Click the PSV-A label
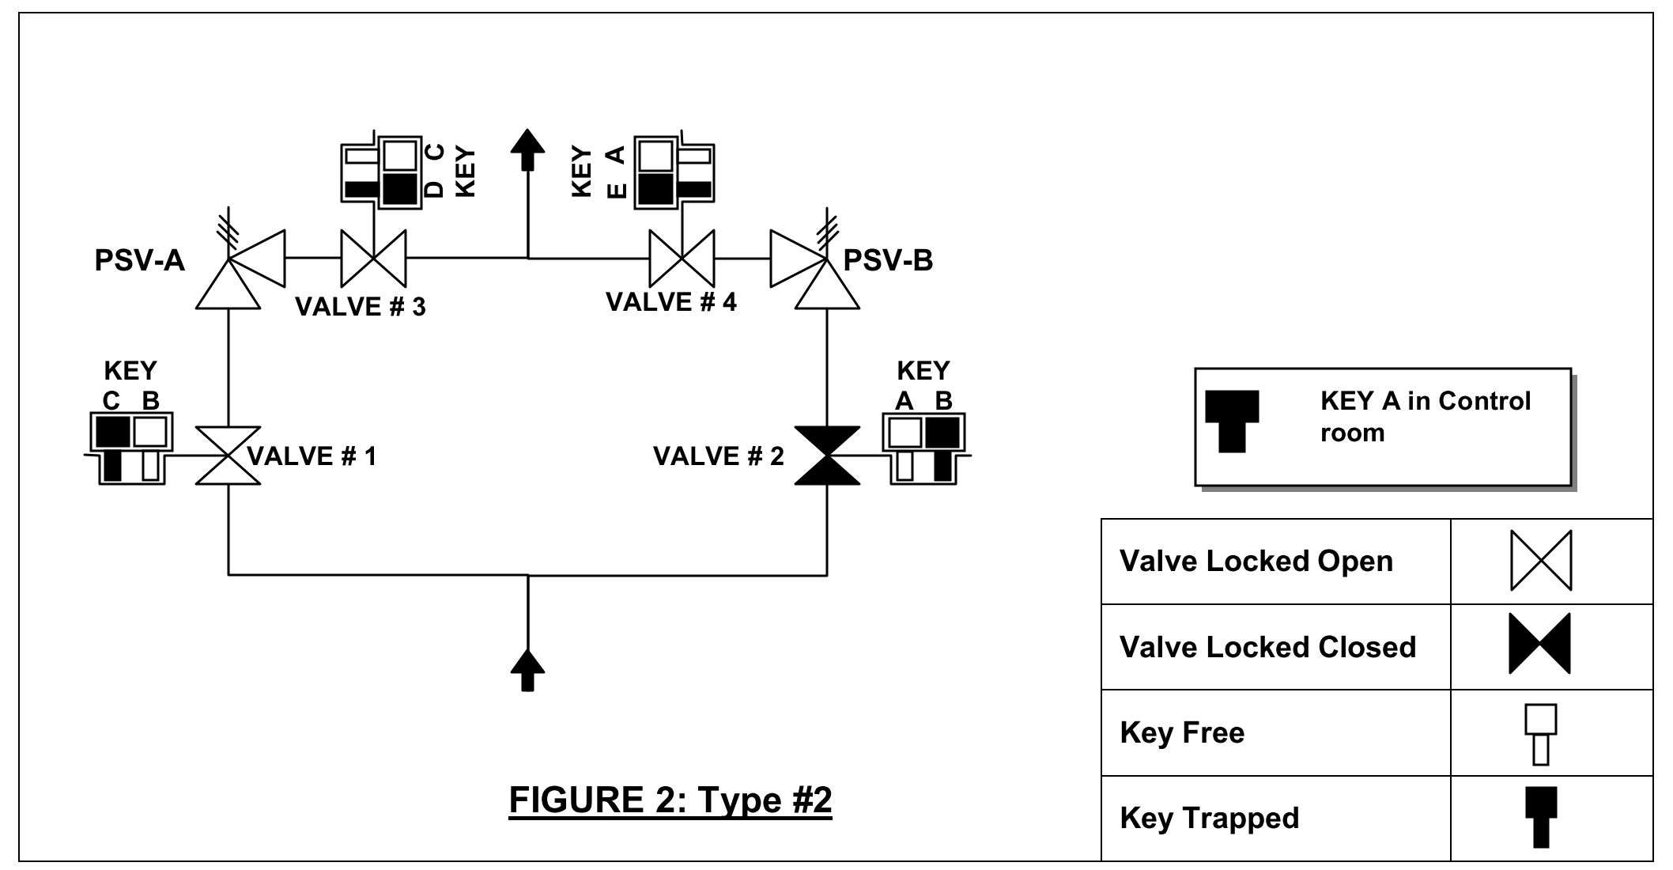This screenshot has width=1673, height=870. [x=139, y=260]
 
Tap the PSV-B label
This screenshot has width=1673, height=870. [x=888, y=260]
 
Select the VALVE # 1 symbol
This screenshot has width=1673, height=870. [x=228, y=456]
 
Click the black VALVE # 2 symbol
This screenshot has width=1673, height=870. [x=827, y=456]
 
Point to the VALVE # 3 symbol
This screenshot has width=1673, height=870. [x=373, y=258]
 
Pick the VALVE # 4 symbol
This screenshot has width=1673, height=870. [x=682, y=258]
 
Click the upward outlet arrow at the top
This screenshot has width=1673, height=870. [x=527, y=149]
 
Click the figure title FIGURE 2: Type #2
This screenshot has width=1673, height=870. [x=670, y=800]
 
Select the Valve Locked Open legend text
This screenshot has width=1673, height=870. [x=1256, y=562]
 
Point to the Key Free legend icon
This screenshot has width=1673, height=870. [x=1541, y=734]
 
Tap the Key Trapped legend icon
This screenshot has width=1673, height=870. [x=1541, y=817]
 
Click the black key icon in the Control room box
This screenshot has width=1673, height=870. [x=1232, y=421]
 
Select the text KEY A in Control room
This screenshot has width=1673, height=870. [x=1425, y=417]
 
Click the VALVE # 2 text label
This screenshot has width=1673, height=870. [x=718, y=456]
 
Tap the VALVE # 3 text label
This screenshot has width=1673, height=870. [x=360, y=306]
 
